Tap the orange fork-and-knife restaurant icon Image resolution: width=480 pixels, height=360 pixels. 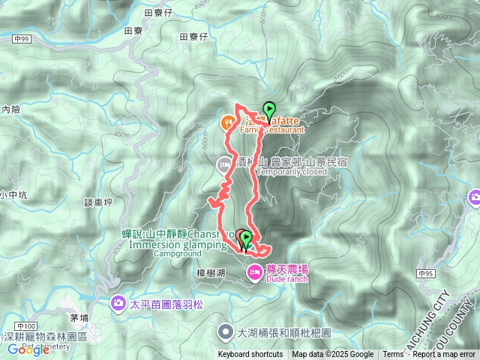[x=227, y=121]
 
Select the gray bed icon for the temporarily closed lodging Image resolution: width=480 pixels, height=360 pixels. [x=223, y=163]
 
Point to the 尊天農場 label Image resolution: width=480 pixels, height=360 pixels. [x=287, y=269]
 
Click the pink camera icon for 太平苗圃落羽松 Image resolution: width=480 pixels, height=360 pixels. [x=118, y=303]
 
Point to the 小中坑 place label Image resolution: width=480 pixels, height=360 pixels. [x=13, y=195]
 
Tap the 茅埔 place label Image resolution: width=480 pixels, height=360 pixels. [x=79, y=318]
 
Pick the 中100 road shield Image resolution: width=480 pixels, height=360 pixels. [x=26, y=325]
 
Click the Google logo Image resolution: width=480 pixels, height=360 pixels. [x=28, y=349]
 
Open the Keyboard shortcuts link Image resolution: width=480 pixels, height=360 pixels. [x=250, y=355]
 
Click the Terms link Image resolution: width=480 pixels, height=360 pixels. [x=392, y=355]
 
